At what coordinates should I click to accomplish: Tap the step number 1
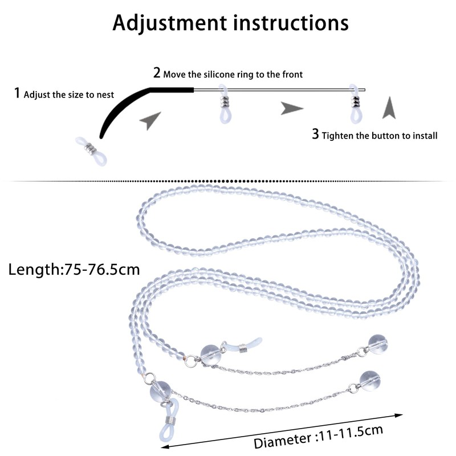coord(17,93)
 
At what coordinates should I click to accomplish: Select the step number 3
coord(315,135)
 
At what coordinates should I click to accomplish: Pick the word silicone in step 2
coord(218,74)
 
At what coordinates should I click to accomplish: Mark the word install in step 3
coord(424,136)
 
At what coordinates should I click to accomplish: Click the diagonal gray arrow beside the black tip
coord(150,120)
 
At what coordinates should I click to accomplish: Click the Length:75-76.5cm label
coord(74,269)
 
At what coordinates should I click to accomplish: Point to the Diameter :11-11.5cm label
coord(318,437)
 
